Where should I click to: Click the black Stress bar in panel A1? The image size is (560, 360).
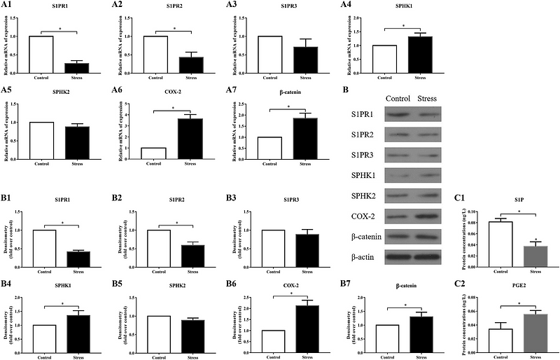(82, 67)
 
